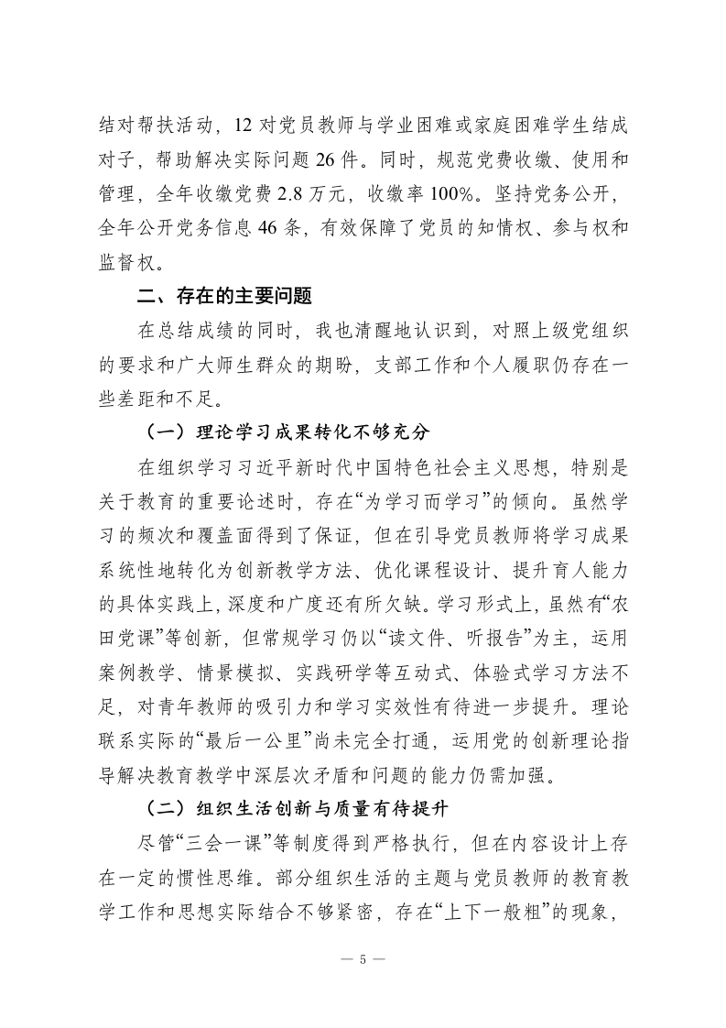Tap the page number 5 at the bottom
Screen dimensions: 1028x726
pos(363,959)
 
